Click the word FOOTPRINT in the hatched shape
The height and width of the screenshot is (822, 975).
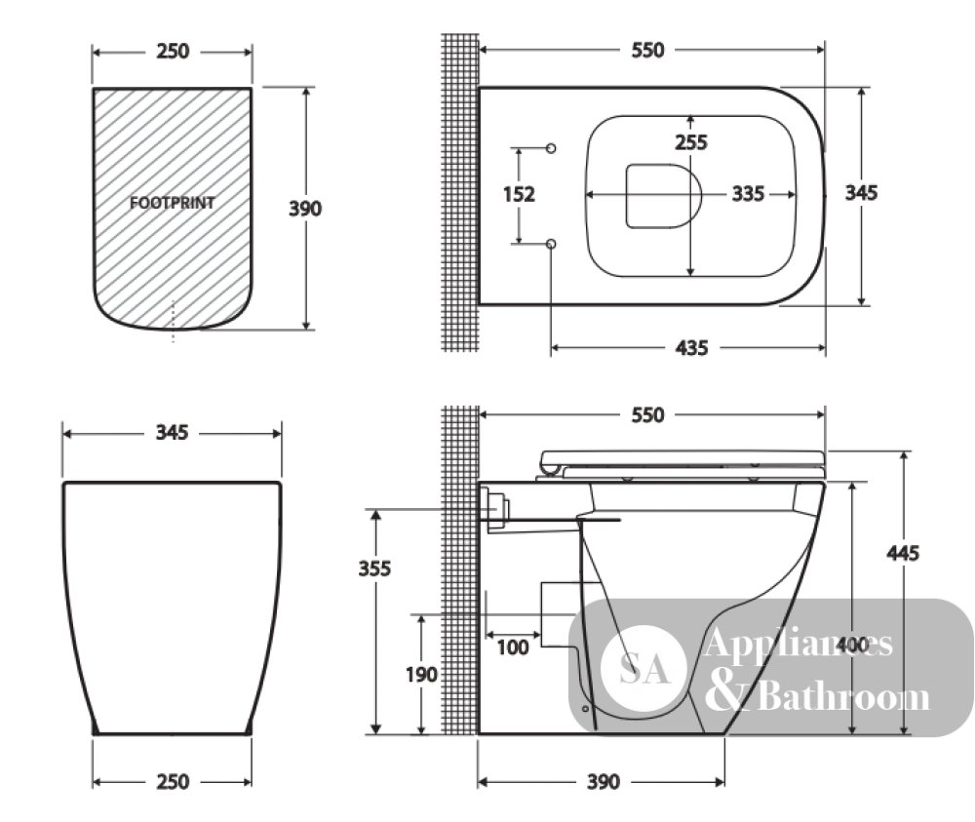[173, 203]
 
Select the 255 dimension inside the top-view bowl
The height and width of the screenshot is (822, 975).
[691, 142]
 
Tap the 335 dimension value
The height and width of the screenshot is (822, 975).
[748, 193]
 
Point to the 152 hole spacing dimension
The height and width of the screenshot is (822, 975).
[519, 194]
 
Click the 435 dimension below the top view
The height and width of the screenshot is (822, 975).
[691, 347]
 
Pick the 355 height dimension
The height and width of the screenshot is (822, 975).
[374, 568]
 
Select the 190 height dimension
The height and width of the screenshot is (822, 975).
[421, 675]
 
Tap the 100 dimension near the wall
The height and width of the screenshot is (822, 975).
[513, 647]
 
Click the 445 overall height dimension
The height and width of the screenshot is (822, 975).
[902, 553]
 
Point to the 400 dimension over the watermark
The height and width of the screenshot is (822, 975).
[852, 645]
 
